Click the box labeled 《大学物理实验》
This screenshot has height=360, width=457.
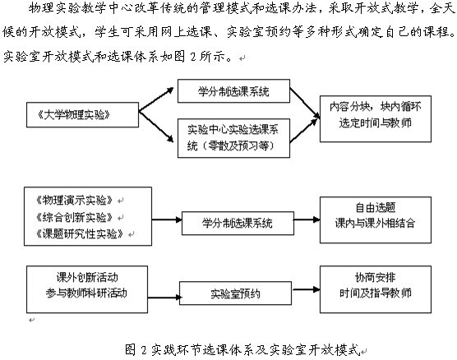click(82, 115)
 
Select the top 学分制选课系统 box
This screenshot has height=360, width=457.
click(233, 91)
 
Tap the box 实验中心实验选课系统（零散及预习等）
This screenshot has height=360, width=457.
click(233, 138)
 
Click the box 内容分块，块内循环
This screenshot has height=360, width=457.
click(376, 119)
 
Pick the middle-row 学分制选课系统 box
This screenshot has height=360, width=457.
click(238, 224)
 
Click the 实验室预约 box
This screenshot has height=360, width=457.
click(235, 293)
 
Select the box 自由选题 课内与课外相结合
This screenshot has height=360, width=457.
click(376, 219)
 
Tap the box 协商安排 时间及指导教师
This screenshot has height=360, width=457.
click(376, 289)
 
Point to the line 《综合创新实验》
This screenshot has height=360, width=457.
click(74, 217)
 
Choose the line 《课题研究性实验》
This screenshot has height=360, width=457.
click(79, 233)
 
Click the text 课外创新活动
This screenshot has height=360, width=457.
click(87, 277)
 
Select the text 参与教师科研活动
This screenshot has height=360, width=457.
click(86, 293)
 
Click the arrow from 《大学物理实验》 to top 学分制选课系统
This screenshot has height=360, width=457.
click(156, 99)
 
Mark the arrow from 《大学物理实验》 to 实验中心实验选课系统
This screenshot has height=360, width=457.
click(156, 127)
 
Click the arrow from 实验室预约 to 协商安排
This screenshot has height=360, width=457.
click(306, 289)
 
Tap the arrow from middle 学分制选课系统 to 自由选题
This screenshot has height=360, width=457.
click(307, 219)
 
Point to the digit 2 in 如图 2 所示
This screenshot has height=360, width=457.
click(193, 56)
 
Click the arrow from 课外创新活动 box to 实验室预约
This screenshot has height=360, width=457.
click(164, 298)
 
